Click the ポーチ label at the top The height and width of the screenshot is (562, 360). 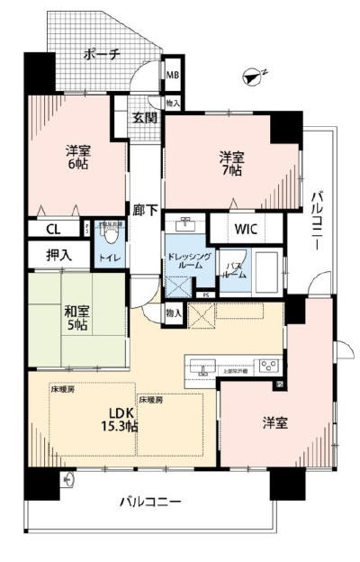(x=101, y=54)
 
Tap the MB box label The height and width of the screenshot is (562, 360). (x=172, y=74)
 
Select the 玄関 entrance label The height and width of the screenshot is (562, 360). (x=146, y=119)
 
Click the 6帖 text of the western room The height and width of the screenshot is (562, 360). (x=77, y=166)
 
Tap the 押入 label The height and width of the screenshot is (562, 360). (x=59, y=256)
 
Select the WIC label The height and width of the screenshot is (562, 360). (x=247, y=229)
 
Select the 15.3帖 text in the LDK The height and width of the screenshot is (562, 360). (x=119, y=427)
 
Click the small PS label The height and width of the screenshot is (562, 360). (x=206, y=295)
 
